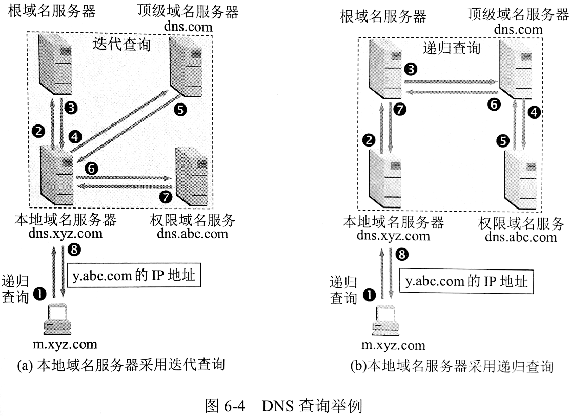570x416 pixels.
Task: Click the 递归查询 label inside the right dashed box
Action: pyautogui.click(x=452, y=48)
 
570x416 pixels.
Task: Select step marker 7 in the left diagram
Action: pyautogui.click(x=166, y=196)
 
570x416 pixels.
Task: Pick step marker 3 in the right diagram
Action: pyautogui.click(x=410, y=69)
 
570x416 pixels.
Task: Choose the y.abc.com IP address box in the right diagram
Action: pyautogui.click(x=465, y=281)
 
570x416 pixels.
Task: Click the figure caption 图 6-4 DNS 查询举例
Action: pyautogui.click(x=285, y=407)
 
